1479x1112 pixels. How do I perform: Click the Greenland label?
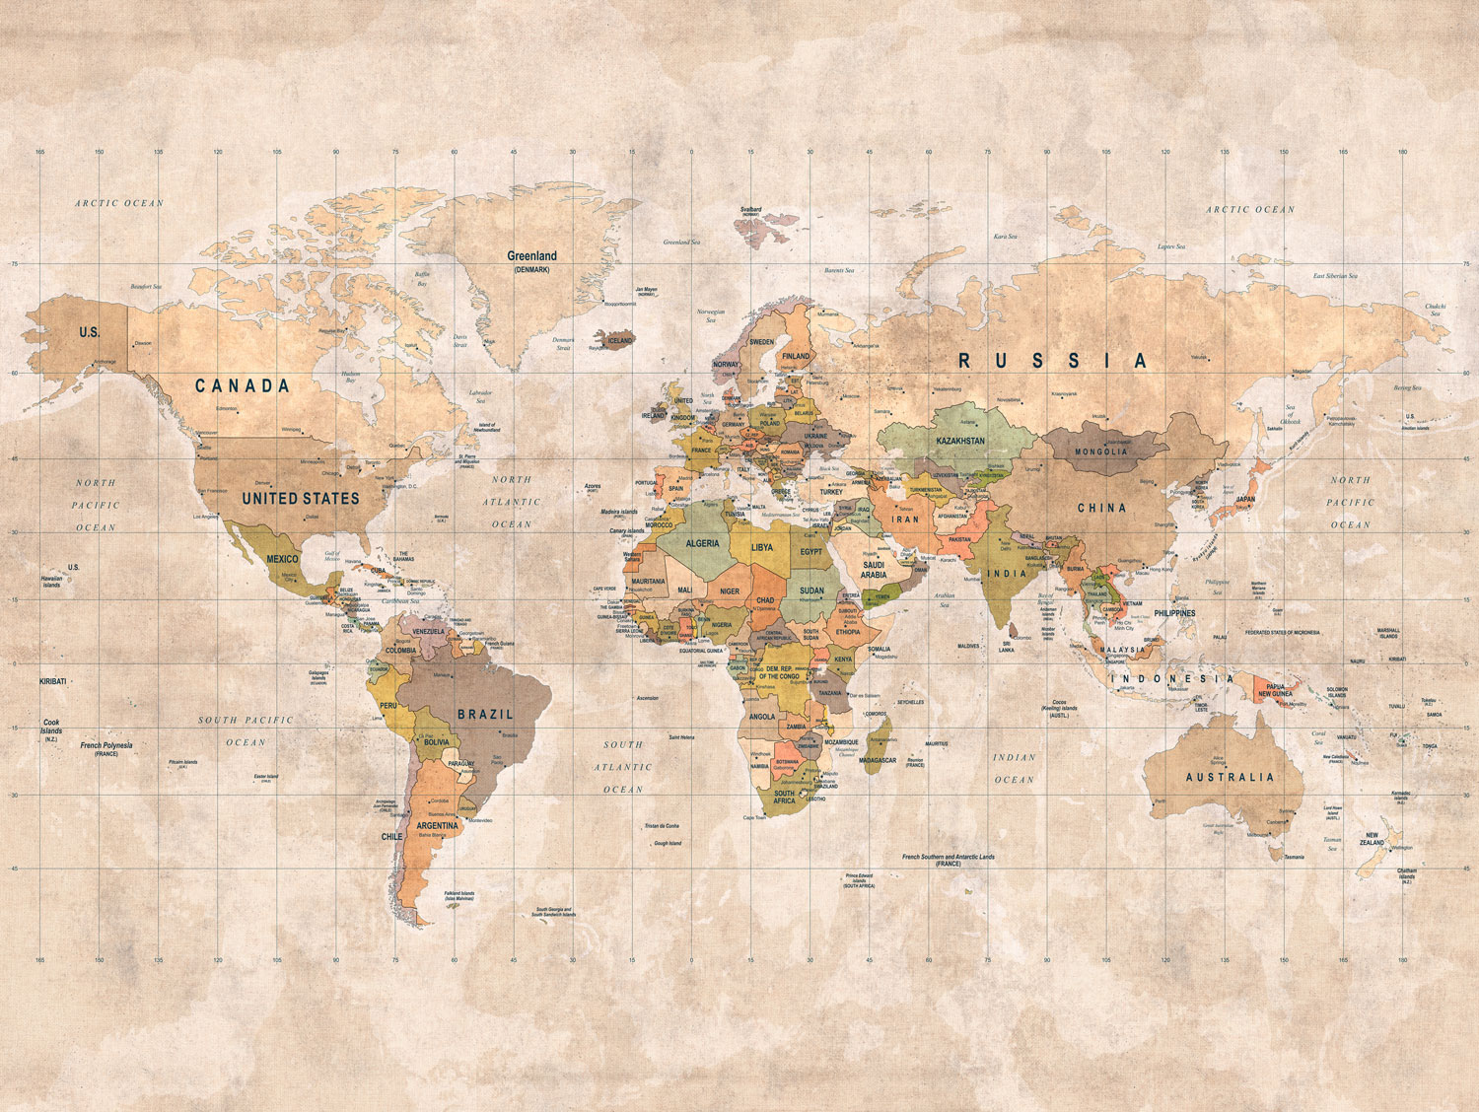531,256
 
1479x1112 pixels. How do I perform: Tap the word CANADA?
243,385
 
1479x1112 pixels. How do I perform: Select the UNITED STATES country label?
301,499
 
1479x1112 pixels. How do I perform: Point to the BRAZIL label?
485,714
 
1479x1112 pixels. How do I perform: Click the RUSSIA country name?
1053,362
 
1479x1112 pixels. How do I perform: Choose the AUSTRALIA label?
1230,777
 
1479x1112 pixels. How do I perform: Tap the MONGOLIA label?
1101,452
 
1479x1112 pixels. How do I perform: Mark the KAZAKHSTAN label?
959,441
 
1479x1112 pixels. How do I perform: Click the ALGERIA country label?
702,543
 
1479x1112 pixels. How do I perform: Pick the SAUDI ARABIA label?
874,570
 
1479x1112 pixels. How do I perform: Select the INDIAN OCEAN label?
1014,768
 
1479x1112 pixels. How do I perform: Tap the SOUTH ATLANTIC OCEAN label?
623,767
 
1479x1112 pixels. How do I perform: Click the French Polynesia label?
106,746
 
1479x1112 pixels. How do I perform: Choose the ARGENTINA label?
437,825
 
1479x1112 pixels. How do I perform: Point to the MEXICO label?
282,559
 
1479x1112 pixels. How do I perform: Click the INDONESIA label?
1172,678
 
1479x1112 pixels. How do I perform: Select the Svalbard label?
751,210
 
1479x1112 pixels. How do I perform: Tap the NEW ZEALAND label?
1372,839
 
